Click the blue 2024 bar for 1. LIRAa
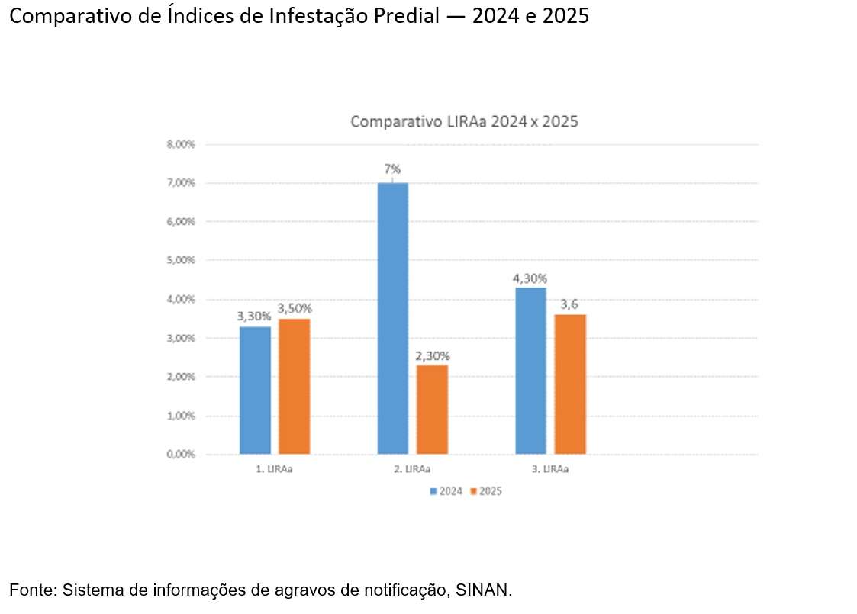[255, 390]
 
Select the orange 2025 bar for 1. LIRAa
[294, 386]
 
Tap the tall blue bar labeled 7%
[392, 318]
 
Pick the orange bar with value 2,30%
[432, 410]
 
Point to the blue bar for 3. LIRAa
[530, 371]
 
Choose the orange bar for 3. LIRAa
[570, 384]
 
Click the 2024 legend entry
[446, 492]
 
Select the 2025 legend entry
[486, 492]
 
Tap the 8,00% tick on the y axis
[181, 144]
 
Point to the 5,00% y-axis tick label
[181, 260]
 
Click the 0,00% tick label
[181, 455]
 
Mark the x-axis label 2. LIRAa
[412, 470]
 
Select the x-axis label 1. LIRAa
[274, 470]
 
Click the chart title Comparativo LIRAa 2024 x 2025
[464, 122]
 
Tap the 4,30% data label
[530, 278]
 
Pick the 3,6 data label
[569, 305]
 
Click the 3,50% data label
[295, 309]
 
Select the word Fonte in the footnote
[32, 590]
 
